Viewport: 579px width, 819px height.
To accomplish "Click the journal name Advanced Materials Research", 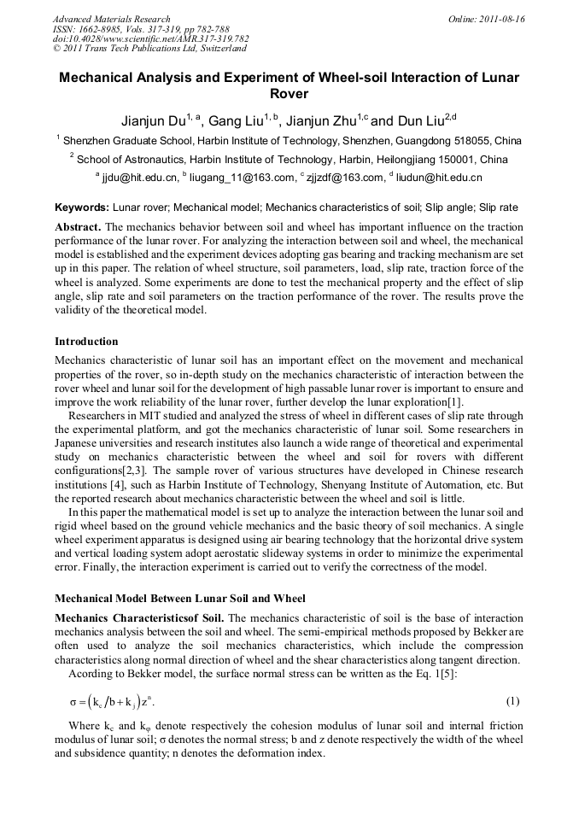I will point(111,19).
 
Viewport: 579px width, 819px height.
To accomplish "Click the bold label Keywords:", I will point(82,208).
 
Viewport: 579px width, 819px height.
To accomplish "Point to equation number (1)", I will point(512,701).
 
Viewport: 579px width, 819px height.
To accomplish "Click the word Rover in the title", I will point(289,94).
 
